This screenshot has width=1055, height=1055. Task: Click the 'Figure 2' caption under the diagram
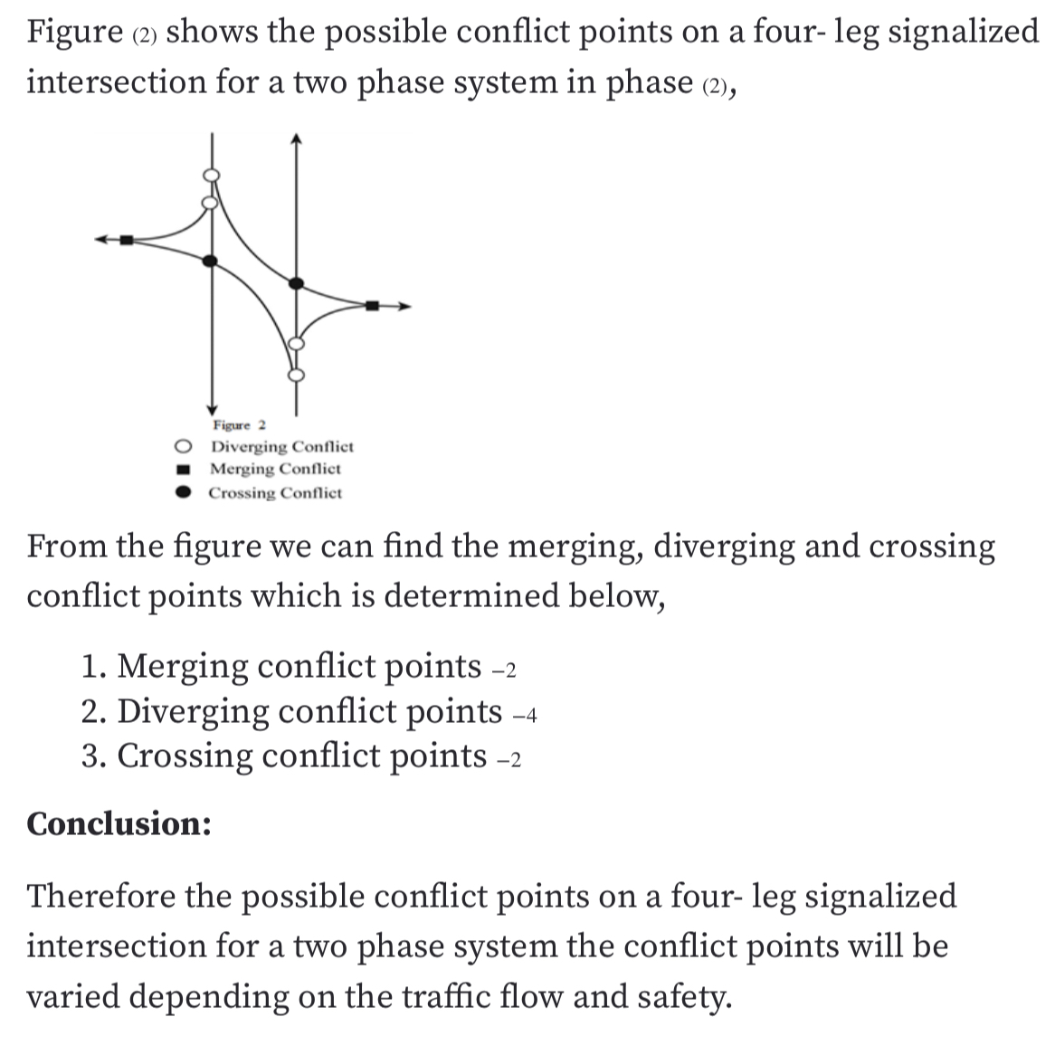click(239, 425)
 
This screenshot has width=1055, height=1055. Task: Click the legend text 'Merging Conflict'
click(275, 470)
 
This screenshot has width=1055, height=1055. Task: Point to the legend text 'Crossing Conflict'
click(275, 493)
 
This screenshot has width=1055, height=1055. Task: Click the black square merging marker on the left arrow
click(127, 240)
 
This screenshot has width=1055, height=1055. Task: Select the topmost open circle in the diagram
click(211, 176)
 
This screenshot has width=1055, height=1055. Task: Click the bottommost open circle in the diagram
click(295, 375)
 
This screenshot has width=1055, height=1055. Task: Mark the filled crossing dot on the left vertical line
click(211, 261)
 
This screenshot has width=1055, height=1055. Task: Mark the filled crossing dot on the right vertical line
click(295, 284)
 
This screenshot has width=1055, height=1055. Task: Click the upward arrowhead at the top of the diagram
click(295, 138)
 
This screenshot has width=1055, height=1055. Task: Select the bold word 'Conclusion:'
click(119, 824)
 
